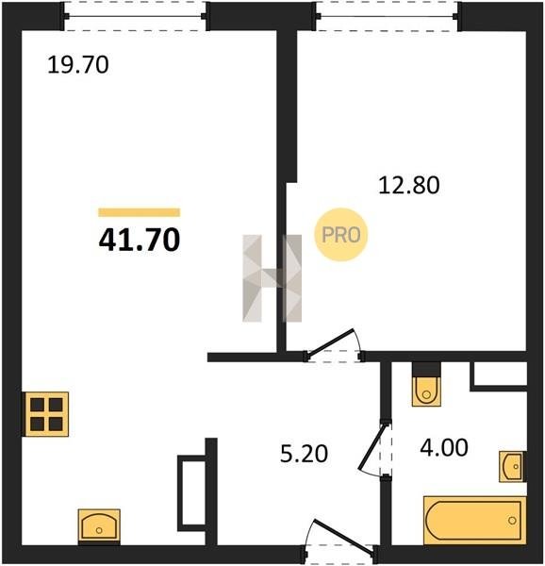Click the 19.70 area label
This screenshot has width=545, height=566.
click(x=78, y=64)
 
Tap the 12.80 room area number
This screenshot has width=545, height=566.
click(x=409, y=185)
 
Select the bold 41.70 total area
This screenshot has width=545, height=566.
click(x=140, y=240)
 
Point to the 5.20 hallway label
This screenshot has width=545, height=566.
click(x=304, y=454)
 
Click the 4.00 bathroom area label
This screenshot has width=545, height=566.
click(x=444, y=447)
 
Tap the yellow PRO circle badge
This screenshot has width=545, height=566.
click(x=340, y=235)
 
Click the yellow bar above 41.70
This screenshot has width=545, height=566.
click(x=140, y=212)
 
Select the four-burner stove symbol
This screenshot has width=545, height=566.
click(x=46, y=414)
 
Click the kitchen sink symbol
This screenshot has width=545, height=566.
click(x=99, y=526)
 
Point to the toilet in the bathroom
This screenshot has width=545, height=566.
click(x=426, y=391)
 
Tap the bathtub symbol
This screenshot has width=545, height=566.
click(x=474, y=520)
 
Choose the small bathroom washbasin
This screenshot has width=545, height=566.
click(x=512, y=466)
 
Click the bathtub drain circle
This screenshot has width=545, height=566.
click(x=512, y=521)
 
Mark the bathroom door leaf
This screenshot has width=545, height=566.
click(x=372, y=447)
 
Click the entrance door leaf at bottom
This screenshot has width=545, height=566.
click(x=343, y=536)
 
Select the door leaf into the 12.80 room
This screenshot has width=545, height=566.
click(x=331, y=341)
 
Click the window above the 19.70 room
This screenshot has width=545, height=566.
click(x=135, y=16)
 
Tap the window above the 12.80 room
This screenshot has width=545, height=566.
click(x=388, y=16)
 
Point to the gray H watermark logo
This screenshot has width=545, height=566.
click(x=272, y=278)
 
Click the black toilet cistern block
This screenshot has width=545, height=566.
click(x=426, y=369)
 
